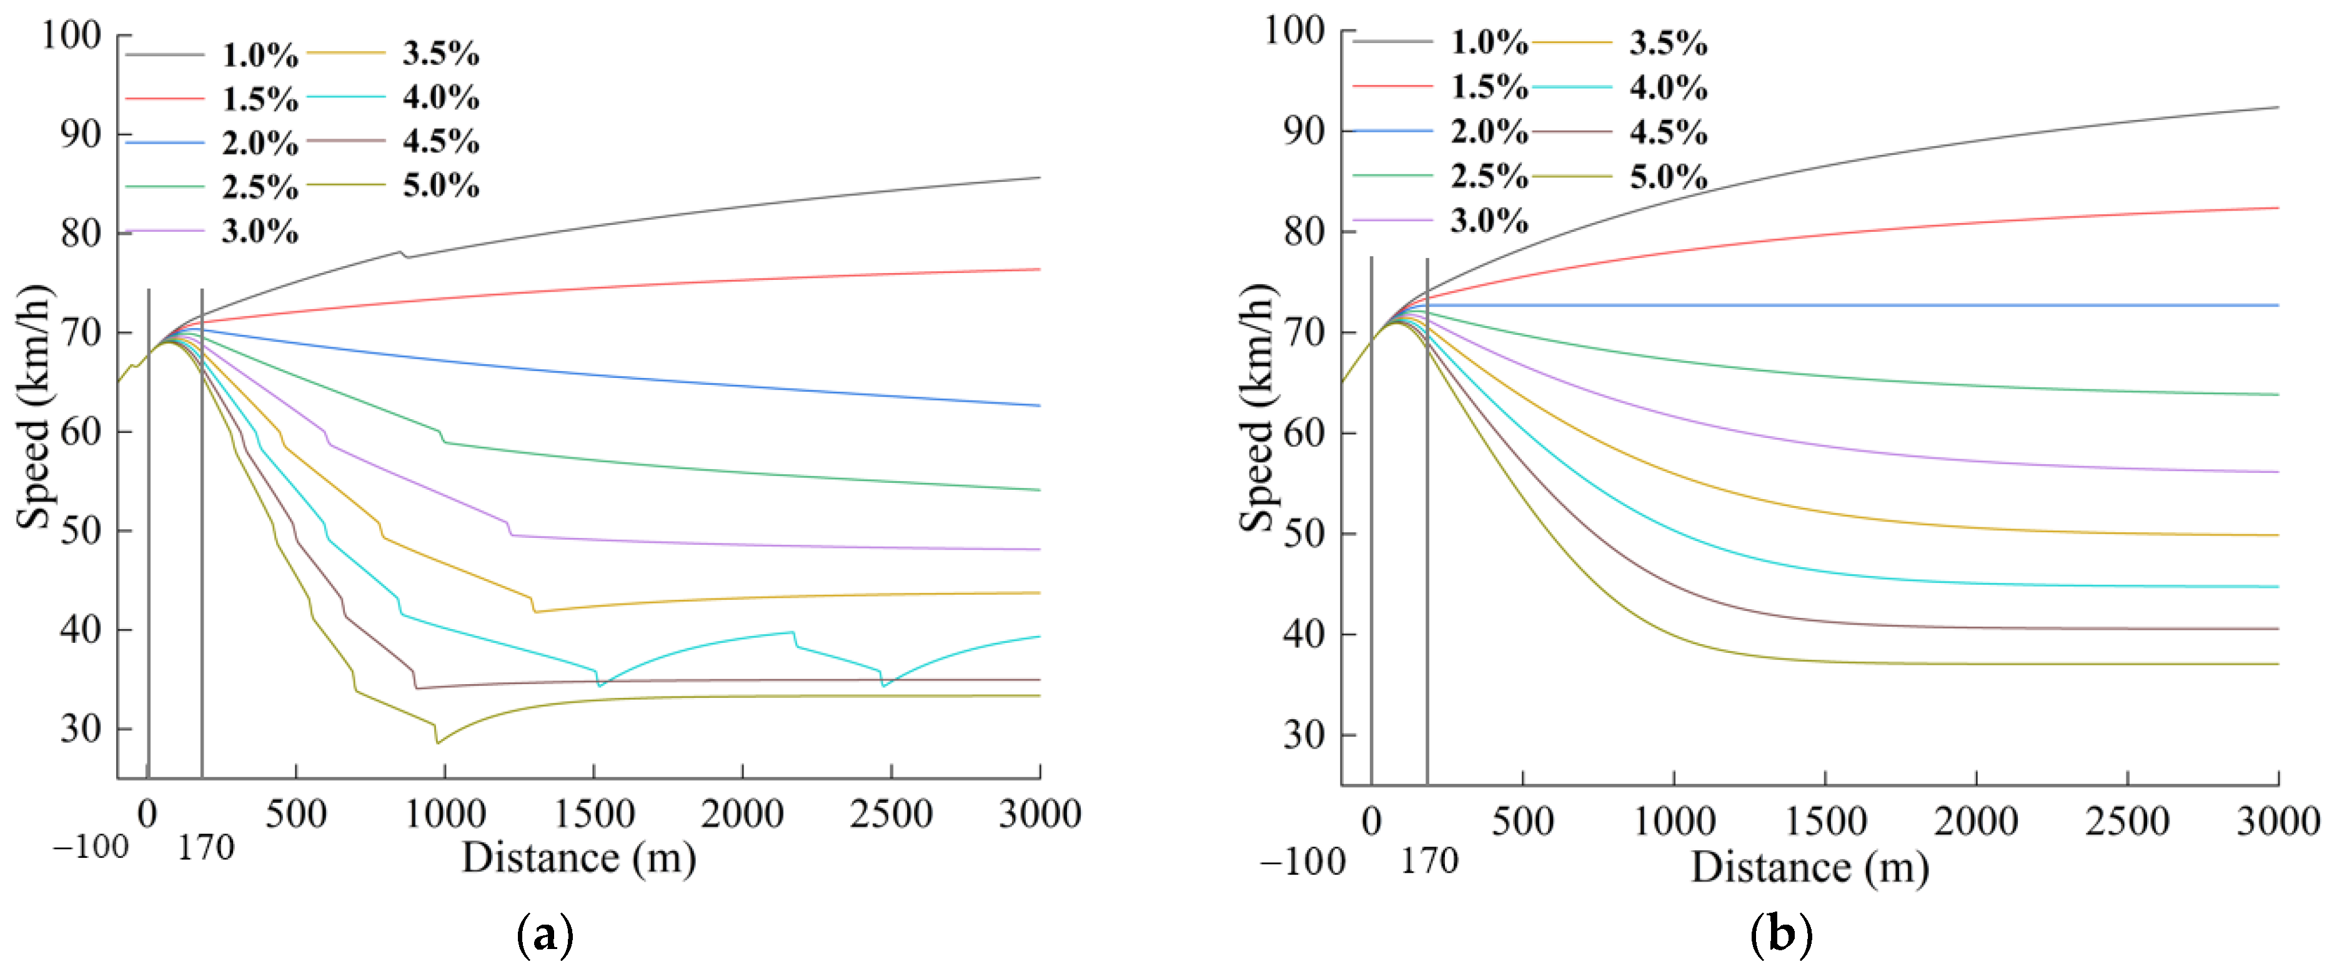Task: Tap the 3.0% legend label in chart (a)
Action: point(260,232)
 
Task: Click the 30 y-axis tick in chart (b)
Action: point(1304,735)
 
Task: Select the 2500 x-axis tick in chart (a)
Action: point(891,814)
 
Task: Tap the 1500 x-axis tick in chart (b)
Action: point(1824,821)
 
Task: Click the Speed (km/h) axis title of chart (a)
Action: point(34,407)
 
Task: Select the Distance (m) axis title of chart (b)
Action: point(1810,868)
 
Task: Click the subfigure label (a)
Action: point(544,934)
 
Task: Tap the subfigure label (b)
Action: point(1780,934)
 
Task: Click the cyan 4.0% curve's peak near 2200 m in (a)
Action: point(793,633)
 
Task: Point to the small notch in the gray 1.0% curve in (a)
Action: point(404,256)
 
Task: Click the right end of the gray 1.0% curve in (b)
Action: point(2278,107)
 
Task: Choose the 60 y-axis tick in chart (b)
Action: point(1304,433)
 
